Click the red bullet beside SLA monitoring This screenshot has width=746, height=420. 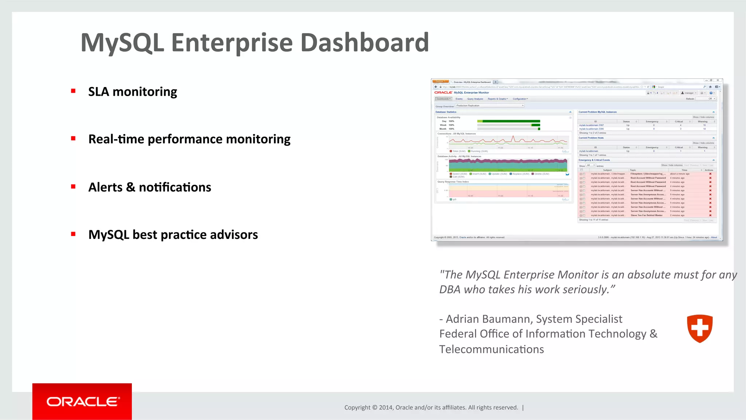coord(73,91)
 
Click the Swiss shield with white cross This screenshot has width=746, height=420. coord(699,328)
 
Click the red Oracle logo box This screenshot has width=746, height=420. coord(82,401)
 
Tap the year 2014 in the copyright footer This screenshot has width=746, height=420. coord(385,408)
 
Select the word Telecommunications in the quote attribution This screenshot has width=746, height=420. coord(491,349)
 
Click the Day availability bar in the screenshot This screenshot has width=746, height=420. coord(509,121)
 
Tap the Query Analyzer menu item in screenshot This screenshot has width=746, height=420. coord(475,99)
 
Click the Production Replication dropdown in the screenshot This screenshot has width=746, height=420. coord(490,106)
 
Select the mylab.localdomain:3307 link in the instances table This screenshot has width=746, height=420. coord(591,125)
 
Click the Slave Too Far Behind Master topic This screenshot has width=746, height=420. coord(647,215)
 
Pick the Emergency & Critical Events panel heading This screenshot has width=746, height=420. coord(594,160)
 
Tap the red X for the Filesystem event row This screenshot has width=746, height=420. coord(710,174)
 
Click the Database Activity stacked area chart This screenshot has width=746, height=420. coord(508,165)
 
